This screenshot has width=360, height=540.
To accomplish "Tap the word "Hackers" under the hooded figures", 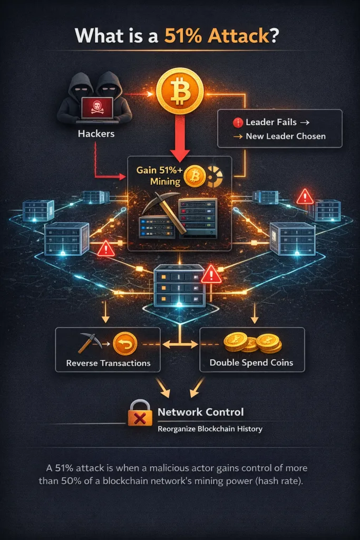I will click(x=96, y=133).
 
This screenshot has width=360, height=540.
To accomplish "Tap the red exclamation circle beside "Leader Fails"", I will click(x=237, y=122).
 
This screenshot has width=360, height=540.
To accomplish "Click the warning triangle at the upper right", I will click(x=305, y=197).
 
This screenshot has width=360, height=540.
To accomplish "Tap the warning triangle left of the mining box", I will click(x=105, y=248).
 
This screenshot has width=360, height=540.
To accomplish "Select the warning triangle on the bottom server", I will click(x=211, y=274).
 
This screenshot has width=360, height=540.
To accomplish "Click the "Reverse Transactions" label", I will click(x=108, y=363).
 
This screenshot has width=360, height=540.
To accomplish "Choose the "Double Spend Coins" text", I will click(x=251, y=363).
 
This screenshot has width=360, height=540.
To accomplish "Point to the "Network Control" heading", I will click(x=200, y=412).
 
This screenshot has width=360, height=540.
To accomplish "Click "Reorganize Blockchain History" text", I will click(x=210, y=429).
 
